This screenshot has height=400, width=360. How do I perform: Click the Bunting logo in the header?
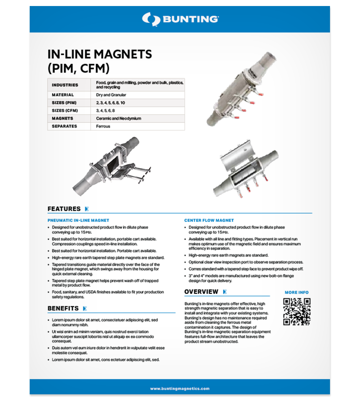click(180, 19)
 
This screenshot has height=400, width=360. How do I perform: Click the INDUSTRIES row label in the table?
click(65, 85)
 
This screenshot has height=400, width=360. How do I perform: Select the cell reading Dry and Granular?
click(111, 95)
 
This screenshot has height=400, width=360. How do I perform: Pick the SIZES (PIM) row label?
click(64, 103)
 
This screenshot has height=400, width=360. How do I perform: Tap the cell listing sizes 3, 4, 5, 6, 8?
click(105, 111)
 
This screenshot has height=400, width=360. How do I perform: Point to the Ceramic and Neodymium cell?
click(118, 118)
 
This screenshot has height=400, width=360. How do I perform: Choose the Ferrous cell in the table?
click(103, 126)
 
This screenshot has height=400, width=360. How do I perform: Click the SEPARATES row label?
click(64, 126)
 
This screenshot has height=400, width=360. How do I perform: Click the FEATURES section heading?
click(64, 209)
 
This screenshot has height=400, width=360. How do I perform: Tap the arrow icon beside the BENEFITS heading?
click(85, 309)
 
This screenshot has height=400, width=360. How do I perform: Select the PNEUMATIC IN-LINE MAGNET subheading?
click(78, 220)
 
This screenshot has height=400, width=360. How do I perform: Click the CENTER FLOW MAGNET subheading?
click(209, 220)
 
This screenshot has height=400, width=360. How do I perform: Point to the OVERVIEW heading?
click(201, 292)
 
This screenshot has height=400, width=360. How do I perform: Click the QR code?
click(297, 312)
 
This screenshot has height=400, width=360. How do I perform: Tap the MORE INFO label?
click(297, 292)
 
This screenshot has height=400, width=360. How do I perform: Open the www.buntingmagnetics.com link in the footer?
click(180, 388)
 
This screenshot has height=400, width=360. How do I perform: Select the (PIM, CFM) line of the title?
click(79, 68)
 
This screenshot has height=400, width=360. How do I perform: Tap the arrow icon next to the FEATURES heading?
click(87, 209)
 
